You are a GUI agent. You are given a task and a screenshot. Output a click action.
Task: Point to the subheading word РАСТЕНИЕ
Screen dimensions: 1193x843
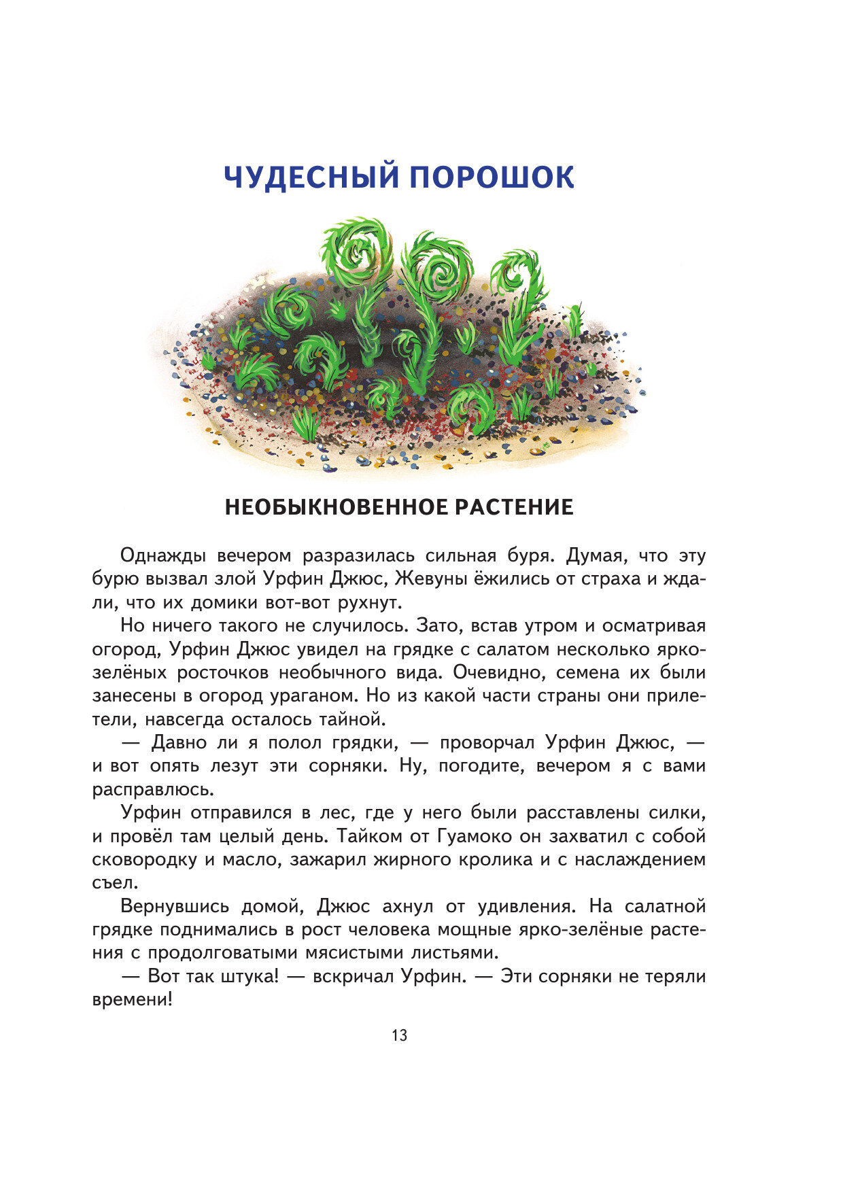pyautogui.click(x=514, y=507)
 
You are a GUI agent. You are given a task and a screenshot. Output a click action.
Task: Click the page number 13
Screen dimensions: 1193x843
pyautogui.click(x=400, y=1035)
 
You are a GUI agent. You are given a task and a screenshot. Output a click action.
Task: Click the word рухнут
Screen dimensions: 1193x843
pyautogui.click(x=368, y=603)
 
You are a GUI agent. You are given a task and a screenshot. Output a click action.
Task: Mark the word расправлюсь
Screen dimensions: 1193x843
pyautogui.click(x=152, y=790)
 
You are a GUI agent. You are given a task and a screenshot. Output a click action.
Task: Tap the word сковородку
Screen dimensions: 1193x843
pyautogui.click(x=144, y=860)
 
